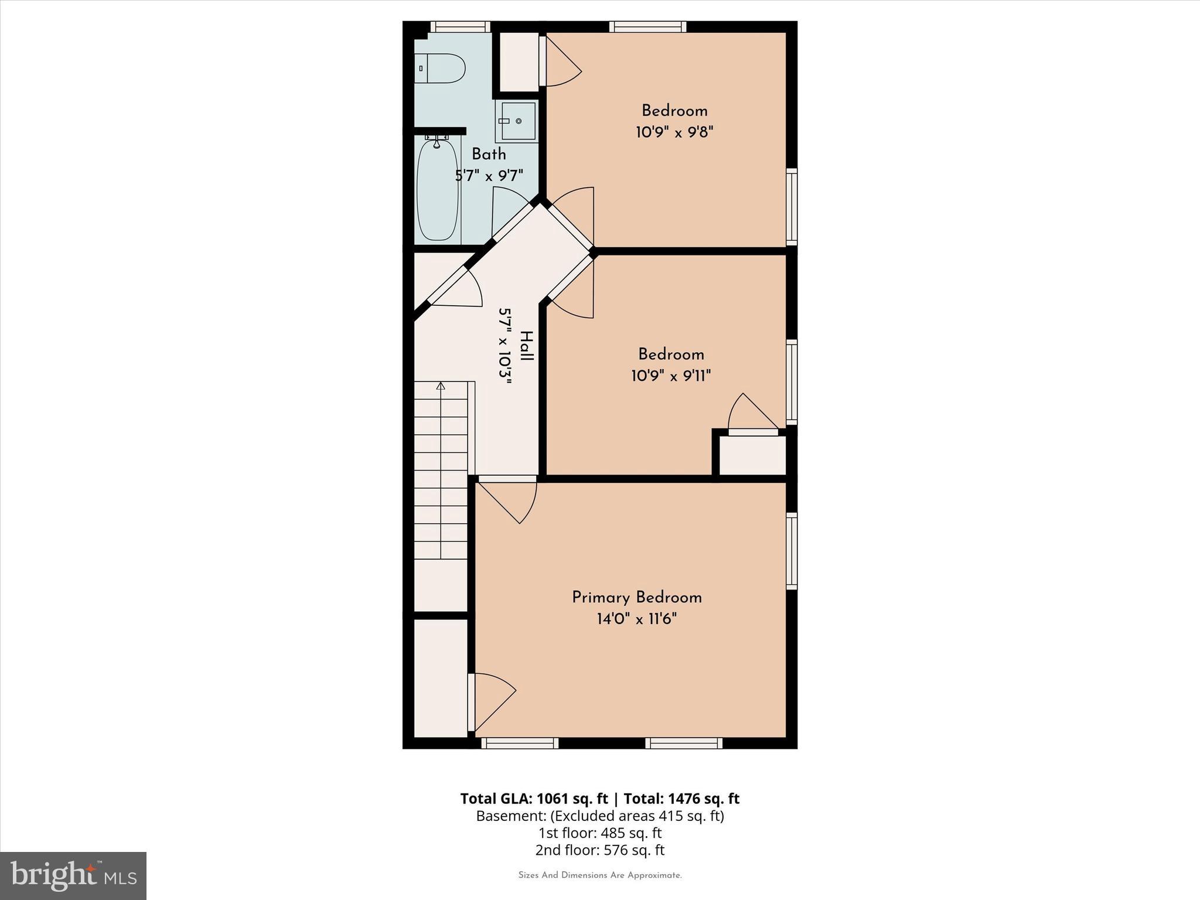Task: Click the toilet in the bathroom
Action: (x=440, y=69)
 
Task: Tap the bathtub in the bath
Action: (x=437, y=190)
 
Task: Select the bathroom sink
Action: (x=516, y=121)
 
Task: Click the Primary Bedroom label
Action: (x=636, y=598)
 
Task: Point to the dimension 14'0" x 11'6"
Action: (x=636, y=619)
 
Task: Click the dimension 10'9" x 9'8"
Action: (x=674, y=132)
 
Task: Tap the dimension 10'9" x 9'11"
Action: (x=671, y=376)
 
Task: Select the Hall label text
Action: (x=527, y=346)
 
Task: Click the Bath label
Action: (x=489, y=154)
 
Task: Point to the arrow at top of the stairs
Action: (x=441, y=386)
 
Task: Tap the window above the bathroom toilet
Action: (x=460, y=26)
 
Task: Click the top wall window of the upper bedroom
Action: (x=647, y=26)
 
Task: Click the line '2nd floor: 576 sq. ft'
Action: (x=599, y=850)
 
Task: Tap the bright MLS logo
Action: (x=73, y=876)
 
